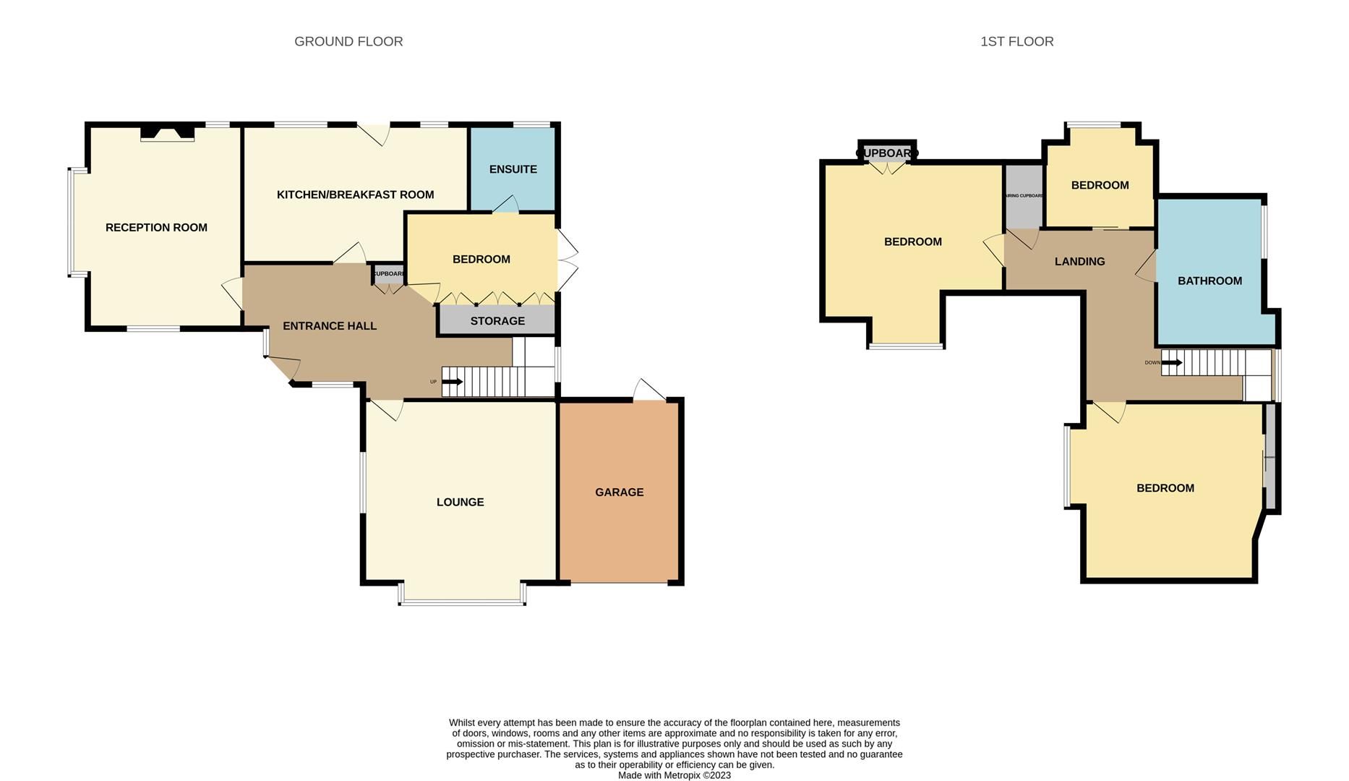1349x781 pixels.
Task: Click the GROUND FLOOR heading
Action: click(x=348, y=42)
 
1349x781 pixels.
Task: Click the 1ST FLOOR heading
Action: click(x=1016, y=42)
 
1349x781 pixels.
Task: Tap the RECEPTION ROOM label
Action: click(x=156, y=228)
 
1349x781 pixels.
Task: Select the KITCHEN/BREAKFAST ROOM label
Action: click(x=355, y=195)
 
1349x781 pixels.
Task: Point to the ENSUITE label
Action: click(x=513, y=169)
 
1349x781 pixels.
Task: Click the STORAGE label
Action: click(x=497, y=321)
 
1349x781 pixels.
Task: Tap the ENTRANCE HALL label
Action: click(x=329, y=326)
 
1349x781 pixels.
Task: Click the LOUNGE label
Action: click(x=460, y=502)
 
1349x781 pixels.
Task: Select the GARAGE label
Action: click(x=619, y=492)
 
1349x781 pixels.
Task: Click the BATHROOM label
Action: click(x=1209, y=281)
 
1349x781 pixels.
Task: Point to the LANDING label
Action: click(x=1079, y=262)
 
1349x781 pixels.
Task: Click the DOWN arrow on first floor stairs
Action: click(x=1172, y=362)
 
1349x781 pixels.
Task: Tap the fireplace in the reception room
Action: click(x=167, y=133)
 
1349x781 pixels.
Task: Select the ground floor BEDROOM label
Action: click(x=481, y=260)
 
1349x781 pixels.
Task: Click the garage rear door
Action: click(x=648, y=392)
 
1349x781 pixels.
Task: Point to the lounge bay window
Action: click(x=462, y=601)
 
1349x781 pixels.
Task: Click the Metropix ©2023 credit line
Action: click(x=674, y=775)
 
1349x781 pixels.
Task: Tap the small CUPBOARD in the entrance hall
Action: click(x=389, y=275)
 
